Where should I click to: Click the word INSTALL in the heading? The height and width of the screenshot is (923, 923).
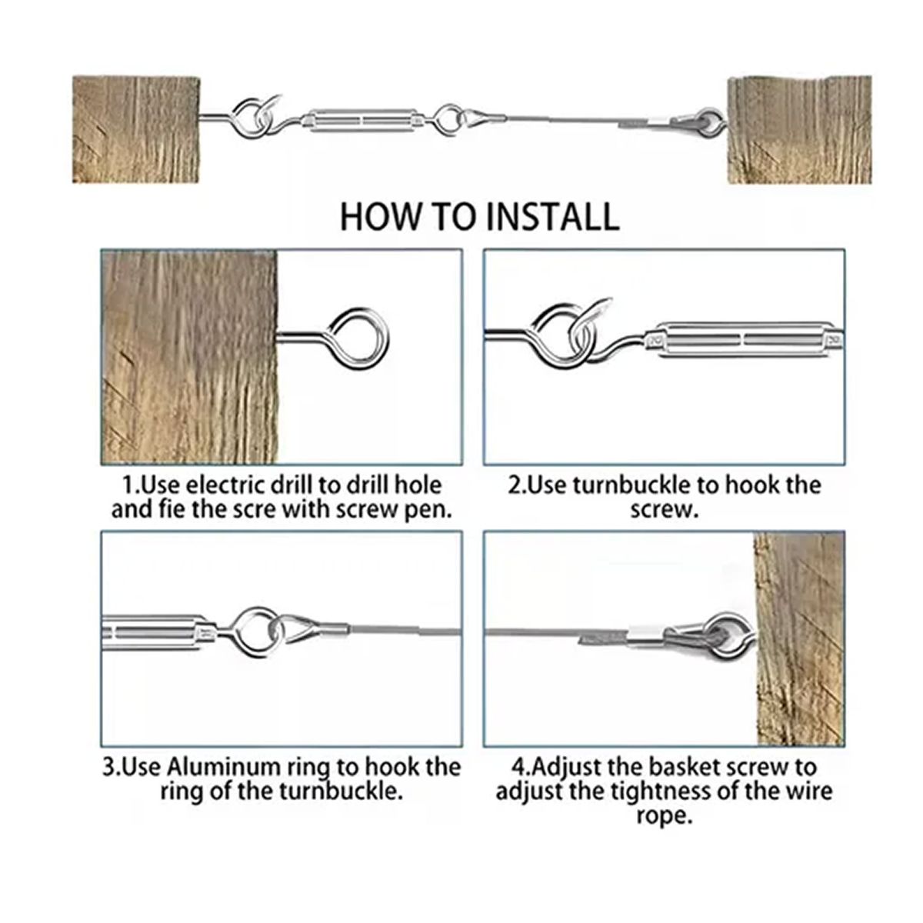pyautogui.click(x=552, y=218)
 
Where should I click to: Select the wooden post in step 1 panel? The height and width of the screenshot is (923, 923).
pyautogui.click(x=189, y=358)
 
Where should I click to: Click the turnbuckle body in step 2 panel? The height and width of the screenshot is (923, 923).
pyautogui.click(x=744, y=340)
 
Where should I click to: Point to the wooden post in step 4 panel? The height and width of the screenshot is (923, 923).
pyautogui.click(x=799, y=638)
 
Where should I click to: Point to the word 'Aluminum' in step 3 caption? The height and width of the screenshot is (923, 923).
pyautogui.click(x=224, y=768)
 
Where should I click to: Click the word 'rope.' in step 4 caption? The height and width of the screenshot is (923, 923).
pyautogui.click(x=665, y=816)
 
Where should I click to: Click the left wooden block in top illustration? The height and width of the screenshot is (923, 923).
pyautogui.click(x=136, y=129)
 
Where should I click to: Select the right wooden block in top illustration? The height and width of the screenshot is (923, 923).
pyautogui.click(x=799, y=129)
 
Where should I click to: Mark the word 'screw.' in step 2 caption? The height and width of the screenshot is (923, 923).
pyautogui.click(x=664, y=510)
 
